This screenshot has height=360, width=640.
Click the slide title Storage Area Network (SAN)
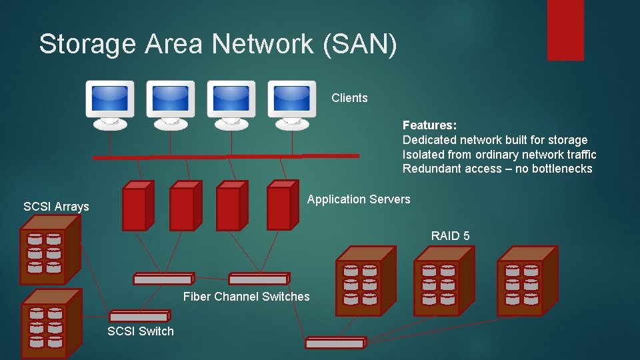pos(217,45)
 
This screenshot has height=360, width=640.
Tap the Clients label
pos(349,98)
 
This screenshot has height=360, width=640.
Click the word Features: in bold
pos(429,125)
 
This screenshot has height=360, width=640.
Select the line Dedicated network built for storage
pos(495,140)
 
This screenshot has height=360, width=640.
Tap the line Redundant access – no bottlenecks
pos(497,169)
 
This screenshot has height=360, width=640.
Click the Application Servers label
pos(359,199)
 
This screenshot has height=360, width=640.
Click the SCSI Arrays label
pos(56,207)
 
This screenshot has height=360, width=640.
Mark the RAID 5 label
pos(450,235)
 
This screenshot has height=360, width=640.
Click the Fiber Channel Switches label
pos(246,297)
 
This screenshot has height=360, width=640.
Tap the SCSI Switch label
pos(141,331)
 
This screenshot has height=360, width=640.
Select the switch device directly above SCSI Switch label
pos(139,317)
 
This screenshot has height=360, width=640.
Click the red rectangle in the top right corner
pos(565,30)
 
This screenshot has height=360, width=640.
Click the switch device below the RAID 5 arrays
pos(335,343)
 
